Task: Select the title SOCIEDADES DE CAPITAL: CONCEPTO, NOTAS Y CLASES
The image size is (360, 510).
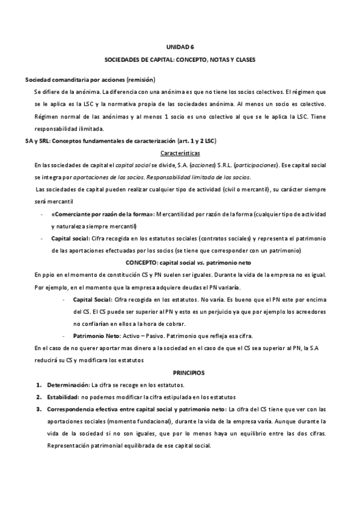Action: click(180, 61)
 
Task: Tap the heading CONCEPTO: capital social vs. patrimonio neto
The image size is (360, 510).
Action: click(188, 263)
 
